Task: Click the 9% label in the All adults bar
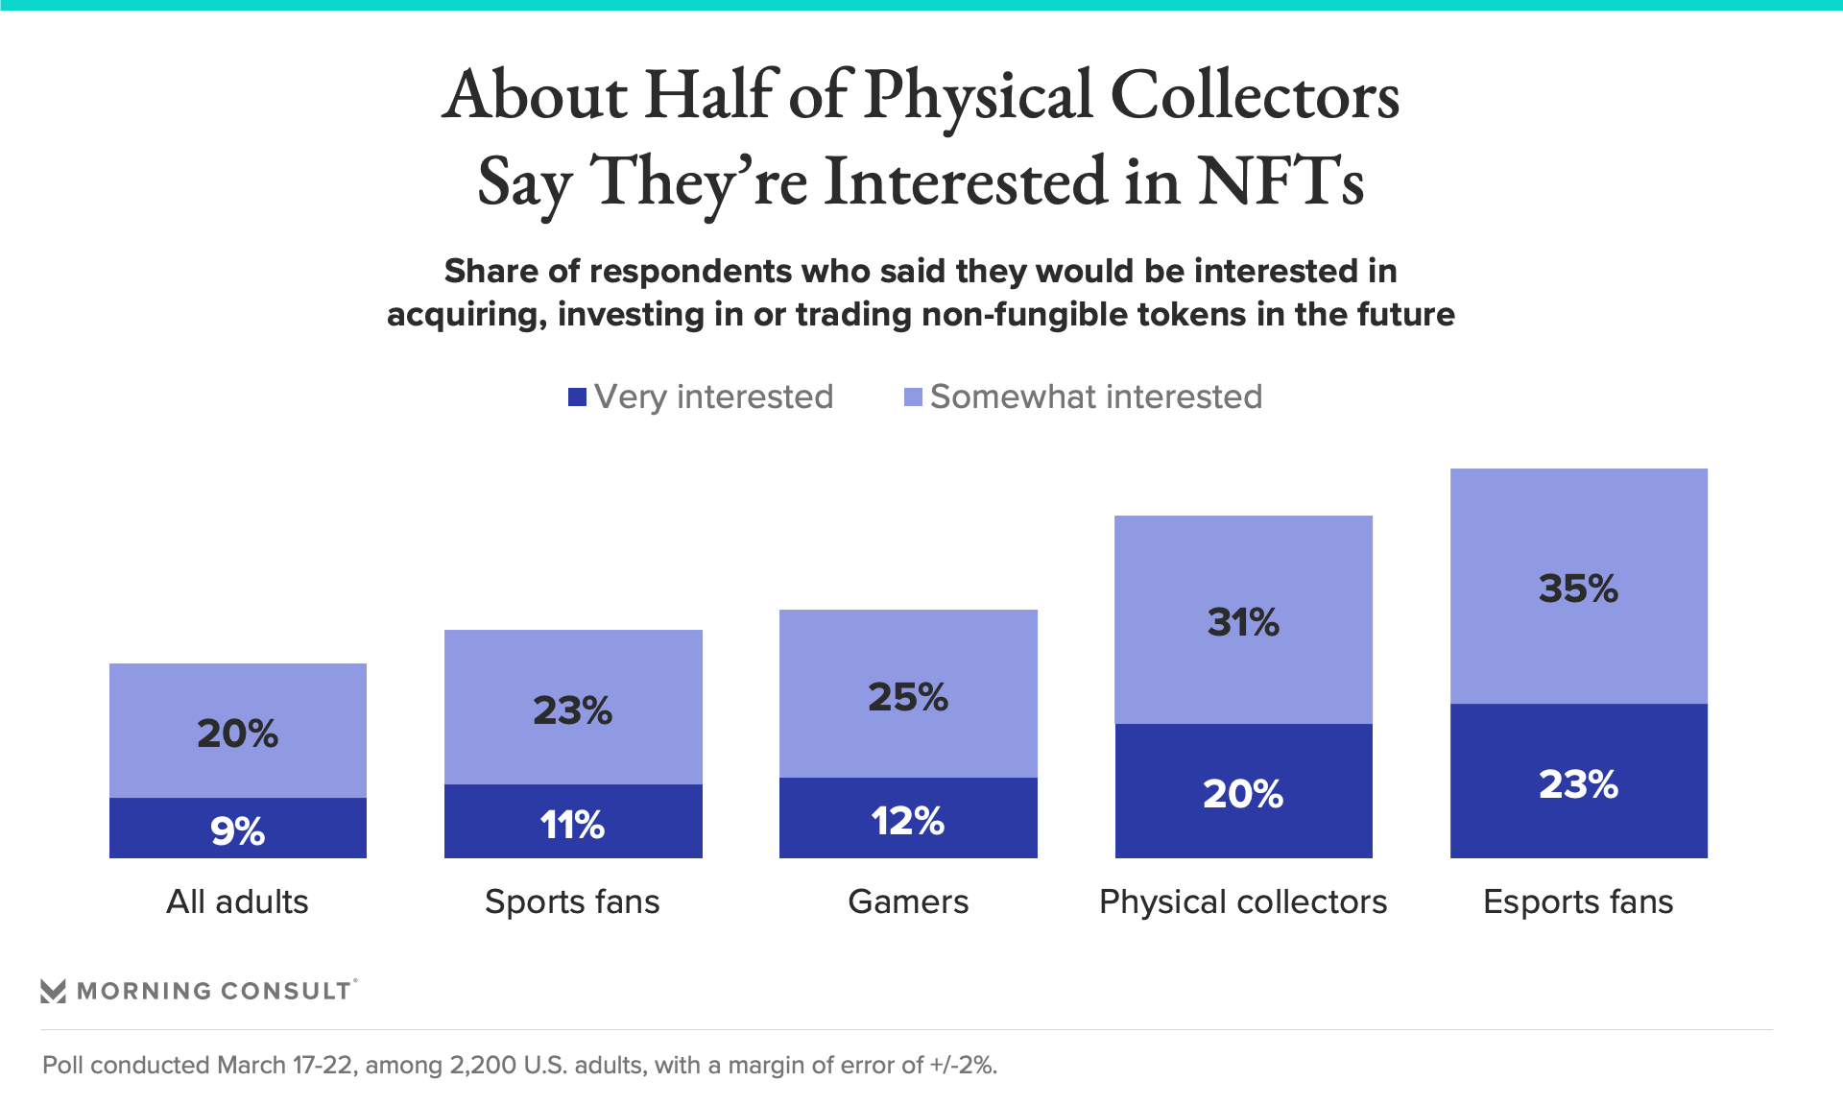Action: tap(237, 830)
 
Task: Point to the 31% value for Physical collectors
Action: tap(1243, 622)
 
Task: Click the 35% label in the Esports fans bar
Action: tap(1578, 589)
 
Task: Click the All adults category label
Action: tap(237, 902)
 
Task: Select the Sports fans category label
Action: tap(572, 902)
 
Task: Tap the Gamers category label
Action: tap(908, 902)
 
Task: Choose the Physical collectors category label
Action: tap(1243, 902)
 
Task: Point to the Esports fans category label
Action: tap(1578, 902)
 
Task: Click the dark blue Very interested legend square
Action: tap(577, 397)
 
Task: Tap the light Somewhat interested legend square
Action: tap(913, 397)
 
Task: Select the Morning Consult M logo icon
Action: tap(53, 991)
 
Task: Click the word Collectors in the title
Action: tap(1255, 96)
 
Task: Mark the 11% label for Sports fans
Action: tap(572, 824)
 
